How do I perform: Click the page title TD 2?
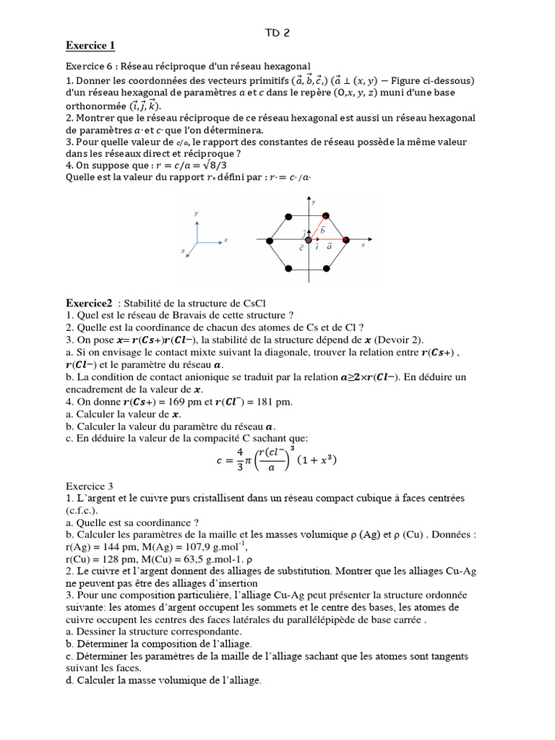coord(277,33)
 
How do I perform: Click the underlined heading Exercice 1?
coord(90,46)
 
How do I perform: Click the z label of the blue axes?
coord(185,250)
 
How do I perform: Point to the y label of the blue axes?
coord(197,213)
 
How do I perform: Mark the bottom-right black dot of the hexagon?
coord(326,268)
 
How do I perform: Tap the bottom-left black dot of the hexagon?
coord(289,268)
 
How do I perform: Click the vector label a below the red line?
coord(329,247)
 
